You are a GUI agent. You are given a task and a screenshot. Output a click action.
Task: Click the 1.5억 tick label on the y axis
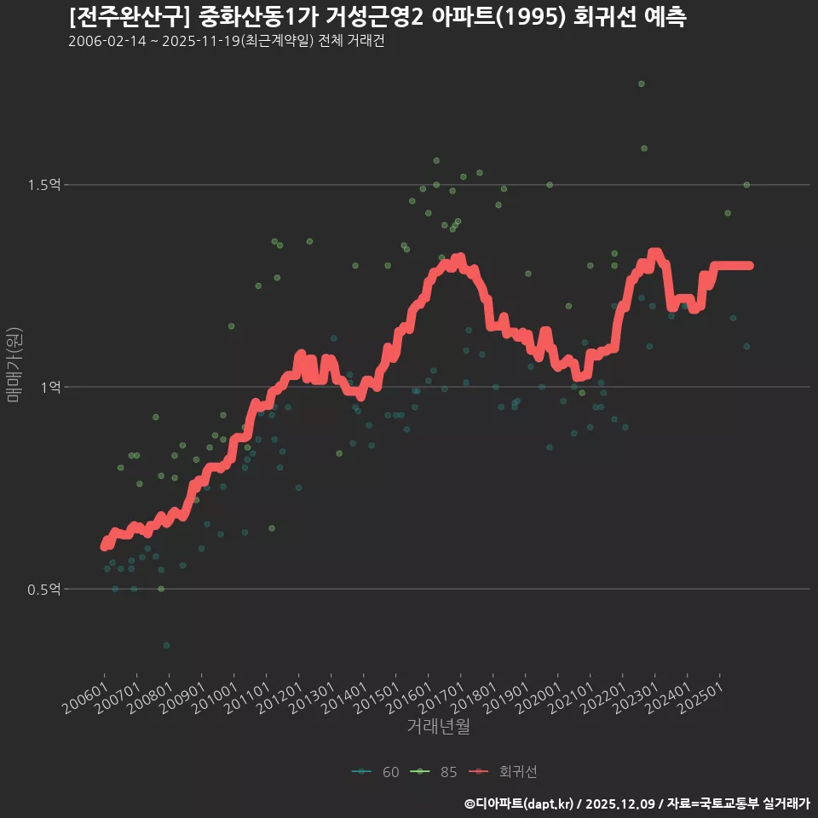43,185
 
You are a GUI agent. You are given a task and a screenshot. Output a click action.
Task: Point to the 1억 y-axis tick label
50,387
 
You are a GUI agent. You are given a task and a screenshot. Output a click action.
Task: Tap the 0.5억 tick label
43,590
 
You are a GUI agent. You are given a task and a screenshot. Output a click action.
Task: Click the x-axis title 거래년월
438,727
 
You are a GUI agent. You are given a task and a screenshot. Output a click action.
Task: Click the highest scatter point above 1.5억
642,84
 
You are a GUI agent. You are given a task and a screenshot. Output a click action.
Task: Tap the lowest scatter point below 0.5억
167,646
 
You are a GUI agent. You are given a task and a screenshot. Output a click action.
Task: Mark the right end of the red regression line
749,265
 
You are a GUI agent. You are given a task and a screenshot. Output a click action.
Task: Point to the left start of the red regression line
104,546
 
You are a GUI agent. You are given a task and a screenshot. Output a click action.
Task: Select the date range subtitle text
226,42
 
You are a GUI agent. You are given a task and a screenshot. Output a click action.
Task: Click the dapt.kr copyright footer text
637,804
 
